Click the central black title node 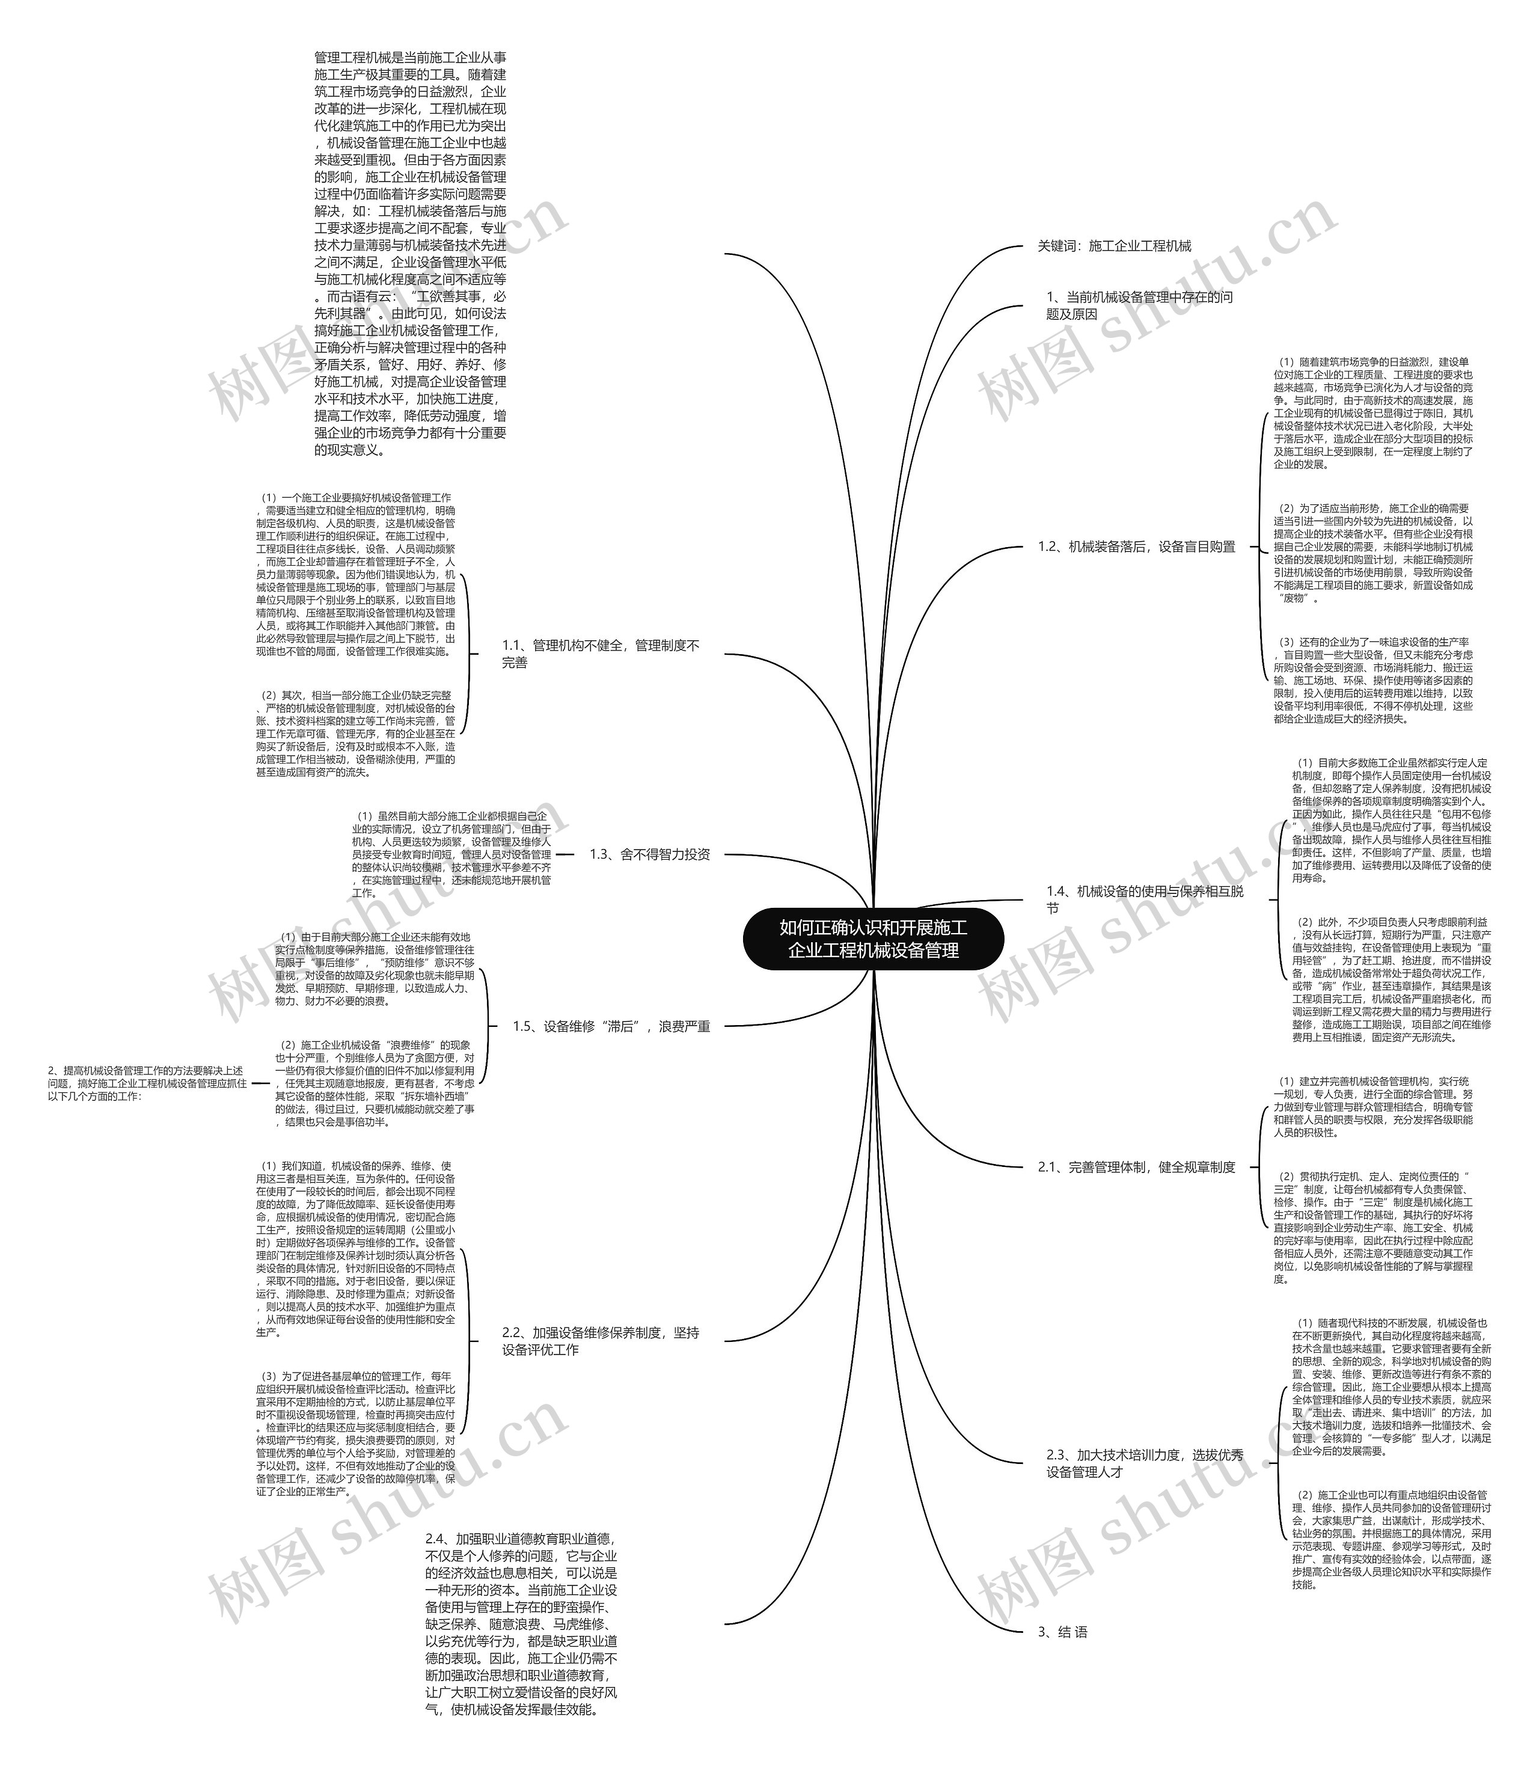click(872, 939)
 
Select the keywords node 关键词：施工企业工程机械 click(1114, 247)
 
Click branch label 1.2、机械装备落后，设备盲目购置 click(1136, 547)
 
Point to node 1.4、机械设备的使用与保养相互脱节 click(1144, 899)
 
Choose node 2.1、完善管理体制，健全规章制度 click(1136, 1168)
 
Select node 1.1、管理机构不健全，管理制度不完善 click(601, 654)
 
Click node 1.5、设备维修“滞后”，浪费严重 click(611, 1026)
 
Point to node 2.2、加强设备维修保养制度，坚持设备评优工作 click(601, 1341)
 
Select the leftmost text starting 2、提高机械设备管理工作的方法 click(147, 1083)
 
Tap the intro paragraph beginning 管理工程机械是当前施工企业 click(411, 253)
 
